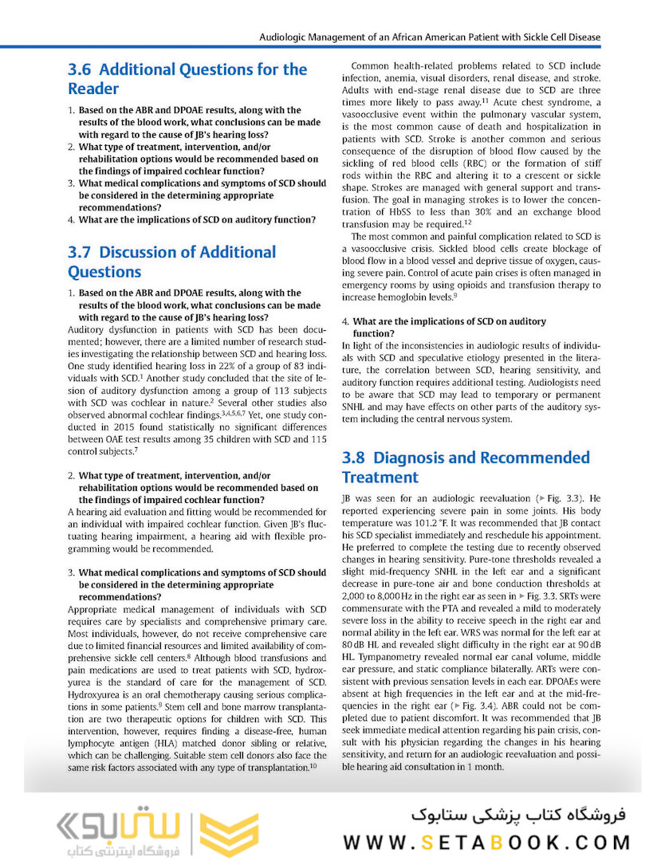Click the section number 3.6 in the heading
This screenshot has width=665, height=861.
[80, 69]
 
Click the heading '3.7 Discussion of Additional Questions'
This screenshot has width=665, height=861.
[172, 262]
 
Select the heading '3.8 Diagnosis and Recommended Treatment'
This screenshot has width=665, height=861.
[466, 467]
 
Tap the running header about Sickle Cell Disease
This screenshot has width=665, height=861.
[430, 37]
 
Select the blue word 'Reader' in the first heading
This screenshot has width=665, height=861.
[93, 88]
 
